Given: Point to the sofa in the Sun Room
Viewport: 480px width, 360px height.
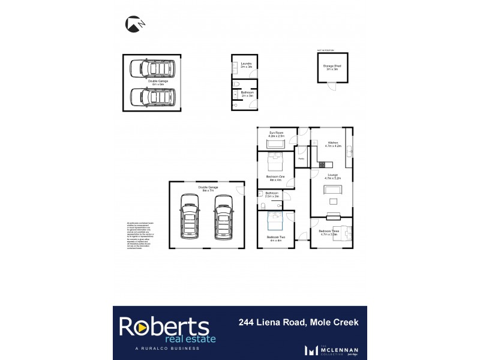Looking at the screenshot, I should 276,145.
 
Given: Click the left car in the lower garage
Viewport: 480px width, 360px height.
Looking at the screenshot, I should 190,218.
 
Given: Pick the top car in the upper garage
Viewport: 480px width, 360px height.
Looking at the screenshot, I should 153,68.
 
